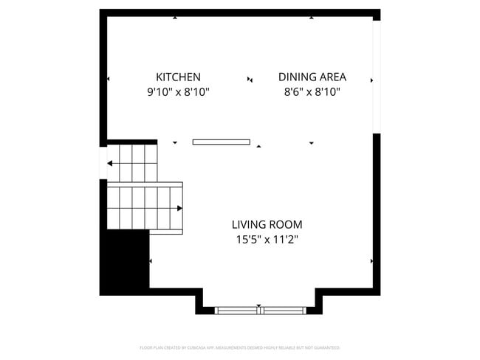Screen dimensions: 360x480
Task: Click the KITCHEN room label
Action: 178,77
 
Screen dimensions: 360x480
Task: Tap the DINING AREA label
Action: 312,77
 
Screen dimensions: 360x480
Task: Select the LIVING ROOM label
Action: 267,224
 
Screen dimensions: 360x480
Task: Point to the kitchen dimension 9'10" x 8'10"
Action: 178,92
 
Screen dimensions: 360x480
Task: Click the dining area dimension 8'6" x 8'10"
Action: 312,92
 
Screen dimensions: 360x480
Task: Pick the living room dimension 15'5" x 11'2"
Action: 267,239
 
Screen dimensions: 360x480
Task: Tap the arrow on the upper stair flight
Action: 111,163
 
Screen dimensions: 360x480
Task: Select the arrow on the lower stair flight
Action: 179,208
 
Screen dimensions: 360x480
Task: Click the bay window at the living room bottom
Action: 259,310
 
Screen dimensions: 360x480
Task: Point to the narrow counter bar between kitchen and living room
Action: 221,142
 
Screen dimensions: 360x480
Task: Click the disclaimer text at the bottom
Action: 239,347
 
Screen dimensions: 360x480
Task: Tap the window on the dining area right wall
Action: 377,77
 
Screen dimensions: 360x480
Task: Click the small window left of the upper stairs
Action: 103,163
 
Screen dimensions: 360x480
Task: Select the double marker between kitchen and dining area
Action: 250,79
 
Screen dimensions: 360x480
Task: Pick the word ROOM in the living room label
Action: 287,224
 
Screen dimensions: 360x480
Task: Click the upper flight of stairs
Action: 133,162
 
